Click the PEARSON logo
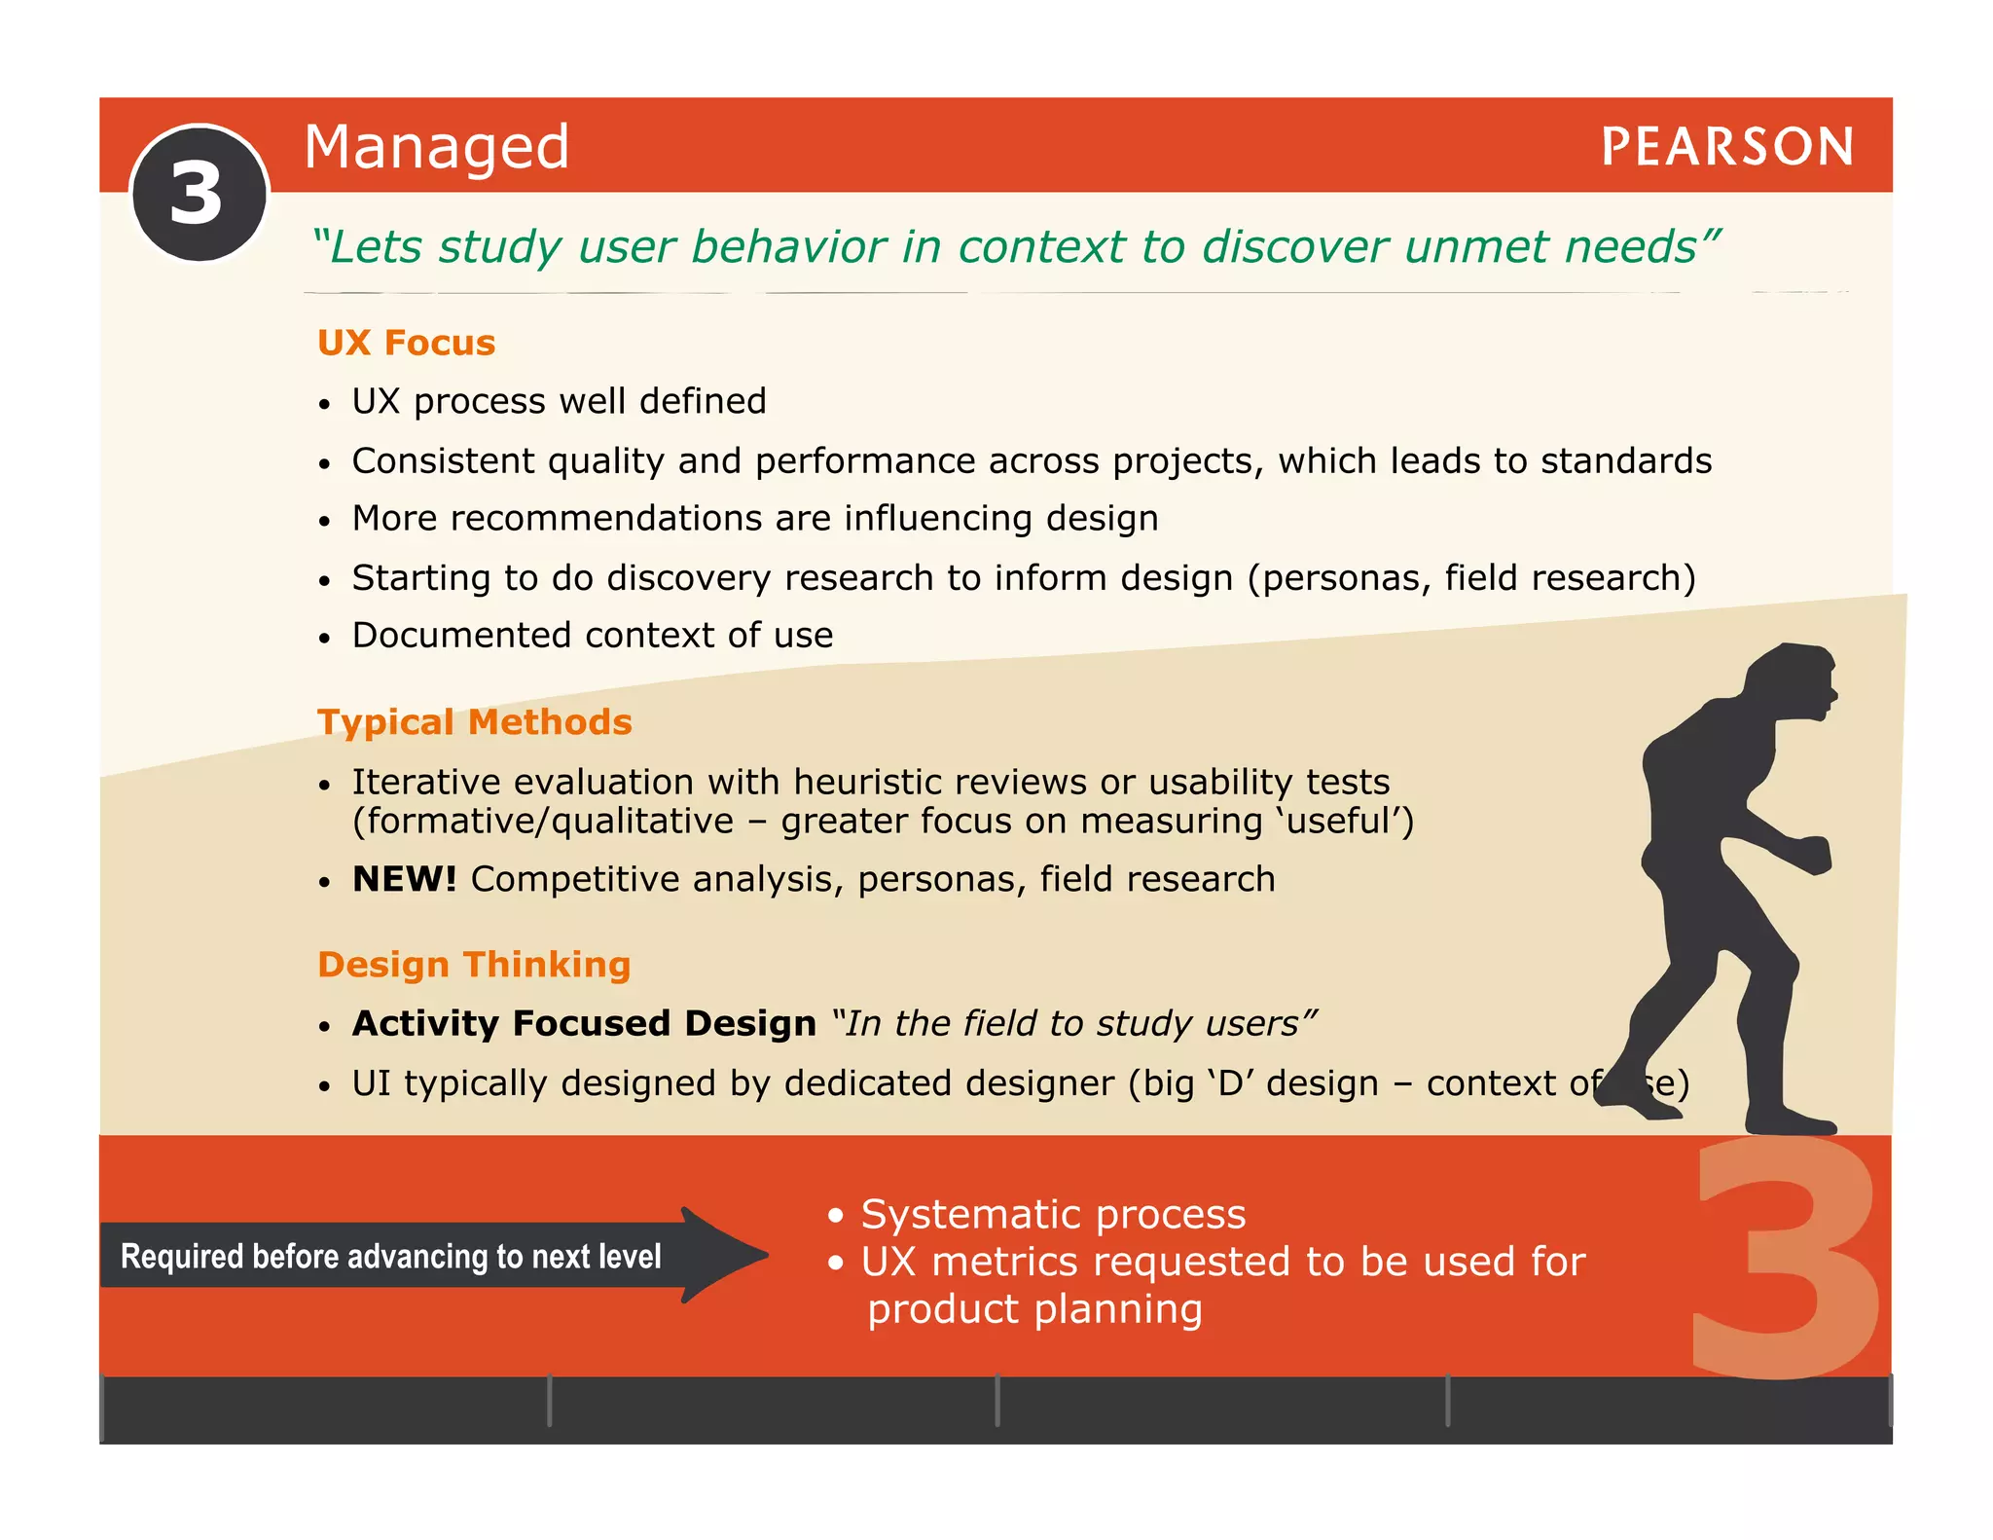(1726, 147)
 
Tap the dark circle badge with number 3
(199, 194)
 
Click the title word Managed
(436, 147)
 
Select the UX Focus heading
(406, 343)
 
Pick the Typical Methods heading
(474, 722)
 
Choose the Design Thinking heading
(474, 965)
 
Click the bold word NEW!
(404, 879)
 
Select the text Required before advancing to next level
(390, 1257)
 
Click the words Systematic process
(1053, 1214)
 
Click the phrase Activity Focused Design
(584, 1024)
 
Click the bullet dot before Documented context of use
(325, 639)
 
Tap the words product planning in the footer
(1034, 1309)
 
